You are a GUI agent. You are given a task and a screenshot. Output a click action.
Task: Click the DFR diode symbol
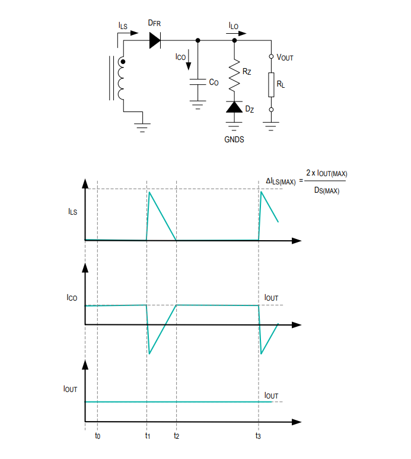[155, 40]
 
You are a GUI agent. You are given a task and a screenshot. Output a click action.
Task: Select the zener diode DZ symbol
[234, 107]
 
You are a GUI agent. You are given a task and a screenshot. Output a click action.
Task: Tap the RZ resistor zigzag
[234, 75]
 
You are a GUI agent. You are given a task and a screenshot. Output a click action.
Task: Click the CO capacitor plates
[198, 82]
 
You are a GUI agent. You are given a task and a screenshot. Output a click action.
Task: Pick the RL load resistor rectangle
[272, 85]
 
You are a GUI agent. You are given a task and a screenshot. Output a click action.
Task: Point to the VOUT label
[285, 58]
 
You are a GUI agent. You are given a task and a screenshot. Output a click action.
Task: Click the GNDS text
[234, 139]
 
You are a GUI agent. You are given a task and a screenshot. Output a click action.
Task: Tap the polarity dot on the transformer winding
[123, 62]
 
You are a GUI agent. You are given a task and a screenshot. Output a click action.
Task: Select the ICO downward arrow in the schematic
[189, 60]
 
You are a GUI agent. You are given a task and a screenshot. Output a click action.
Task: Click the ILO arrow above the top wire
[236, 33]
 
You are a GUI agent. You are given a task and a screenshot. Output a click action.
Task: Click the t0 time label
[97, 436]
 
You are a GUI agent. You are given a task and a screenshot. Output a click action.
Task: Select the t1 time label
[148, 436]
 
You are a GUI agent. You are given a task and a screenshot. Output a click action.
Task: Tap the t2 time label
[176, 436]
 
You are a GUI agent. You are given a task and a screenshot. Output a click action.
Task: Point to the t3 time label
[258, 436]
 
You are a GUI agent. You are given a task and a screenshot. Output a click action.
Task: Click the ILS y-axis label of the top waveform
[72, 212]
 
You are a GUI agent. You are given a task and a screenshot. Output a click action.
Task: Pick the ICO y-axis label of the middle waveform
[72, 298]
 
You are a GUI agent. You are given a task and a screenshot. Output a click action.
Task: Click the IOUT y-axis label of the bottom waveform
[70, 389]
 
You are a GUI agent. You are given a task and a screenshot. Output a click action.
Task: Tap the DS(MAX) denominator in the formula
[327, 190]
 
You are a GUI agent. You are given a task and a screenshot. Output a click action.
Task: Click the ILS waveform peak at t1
[149, 192]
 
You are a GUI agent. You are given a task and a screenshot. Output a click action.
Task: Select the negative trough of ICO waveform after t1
[149, 354]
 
